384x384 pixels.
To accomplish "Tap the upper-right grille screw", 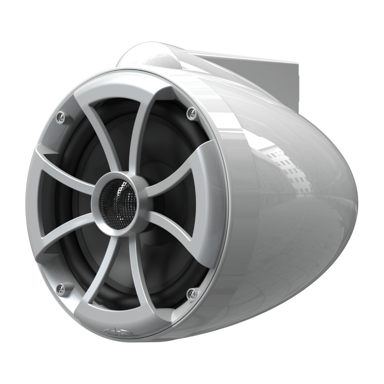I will [192, 113].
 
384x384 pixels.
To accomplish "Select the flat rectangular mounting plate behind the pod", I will [269, 77].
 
